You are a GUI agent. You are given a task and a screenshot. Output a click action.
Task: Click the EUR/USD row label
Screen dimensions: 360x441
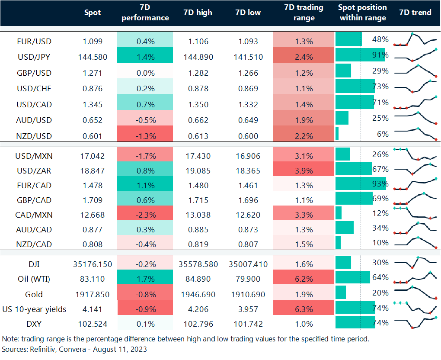(x=34, y=42)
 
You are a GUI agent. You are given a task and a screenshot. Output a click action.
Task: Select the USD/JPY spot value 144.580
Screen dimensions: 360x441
(x=92, y=57)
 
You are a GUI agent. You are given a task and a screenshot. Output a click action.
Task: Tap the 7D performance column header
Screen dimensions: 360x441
(x=145, y=13)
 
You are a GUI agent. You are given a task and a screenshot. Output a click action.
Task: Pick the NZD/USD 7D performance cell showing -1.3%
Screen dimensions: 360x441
(x=145, y=136)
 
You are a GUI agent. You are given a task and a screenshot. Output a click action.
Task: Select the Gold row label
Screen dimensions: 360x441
(x=34, y=295)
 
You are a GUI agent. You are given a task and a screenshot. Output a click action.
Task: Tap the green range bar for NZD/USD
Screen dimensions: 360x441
(x=337, y=134)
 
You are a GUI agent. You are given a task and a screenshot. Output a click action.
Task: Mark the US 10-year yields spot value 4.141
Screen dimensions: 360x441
(x=92, y=309)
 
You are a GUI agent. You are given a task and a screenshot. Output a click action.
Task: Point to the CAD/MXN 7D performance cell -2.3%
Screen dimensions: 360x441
(x=145, y=215)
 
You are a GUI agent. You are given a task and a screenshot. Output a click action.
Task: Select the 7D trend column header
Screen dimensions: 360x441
(x=415, y=13)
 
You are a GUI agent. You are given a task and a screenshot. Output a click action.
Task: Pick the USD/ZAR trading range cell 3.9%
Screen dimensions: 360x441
(x=304, y=170)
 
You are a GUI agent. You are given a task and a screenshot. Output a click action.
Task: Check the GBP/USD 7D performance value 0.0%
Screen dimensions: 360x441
(x=145, y=73)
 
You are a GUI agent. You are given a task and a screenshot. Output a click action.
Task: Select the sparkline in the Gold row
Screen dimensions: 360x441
(x=415, y=292)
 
